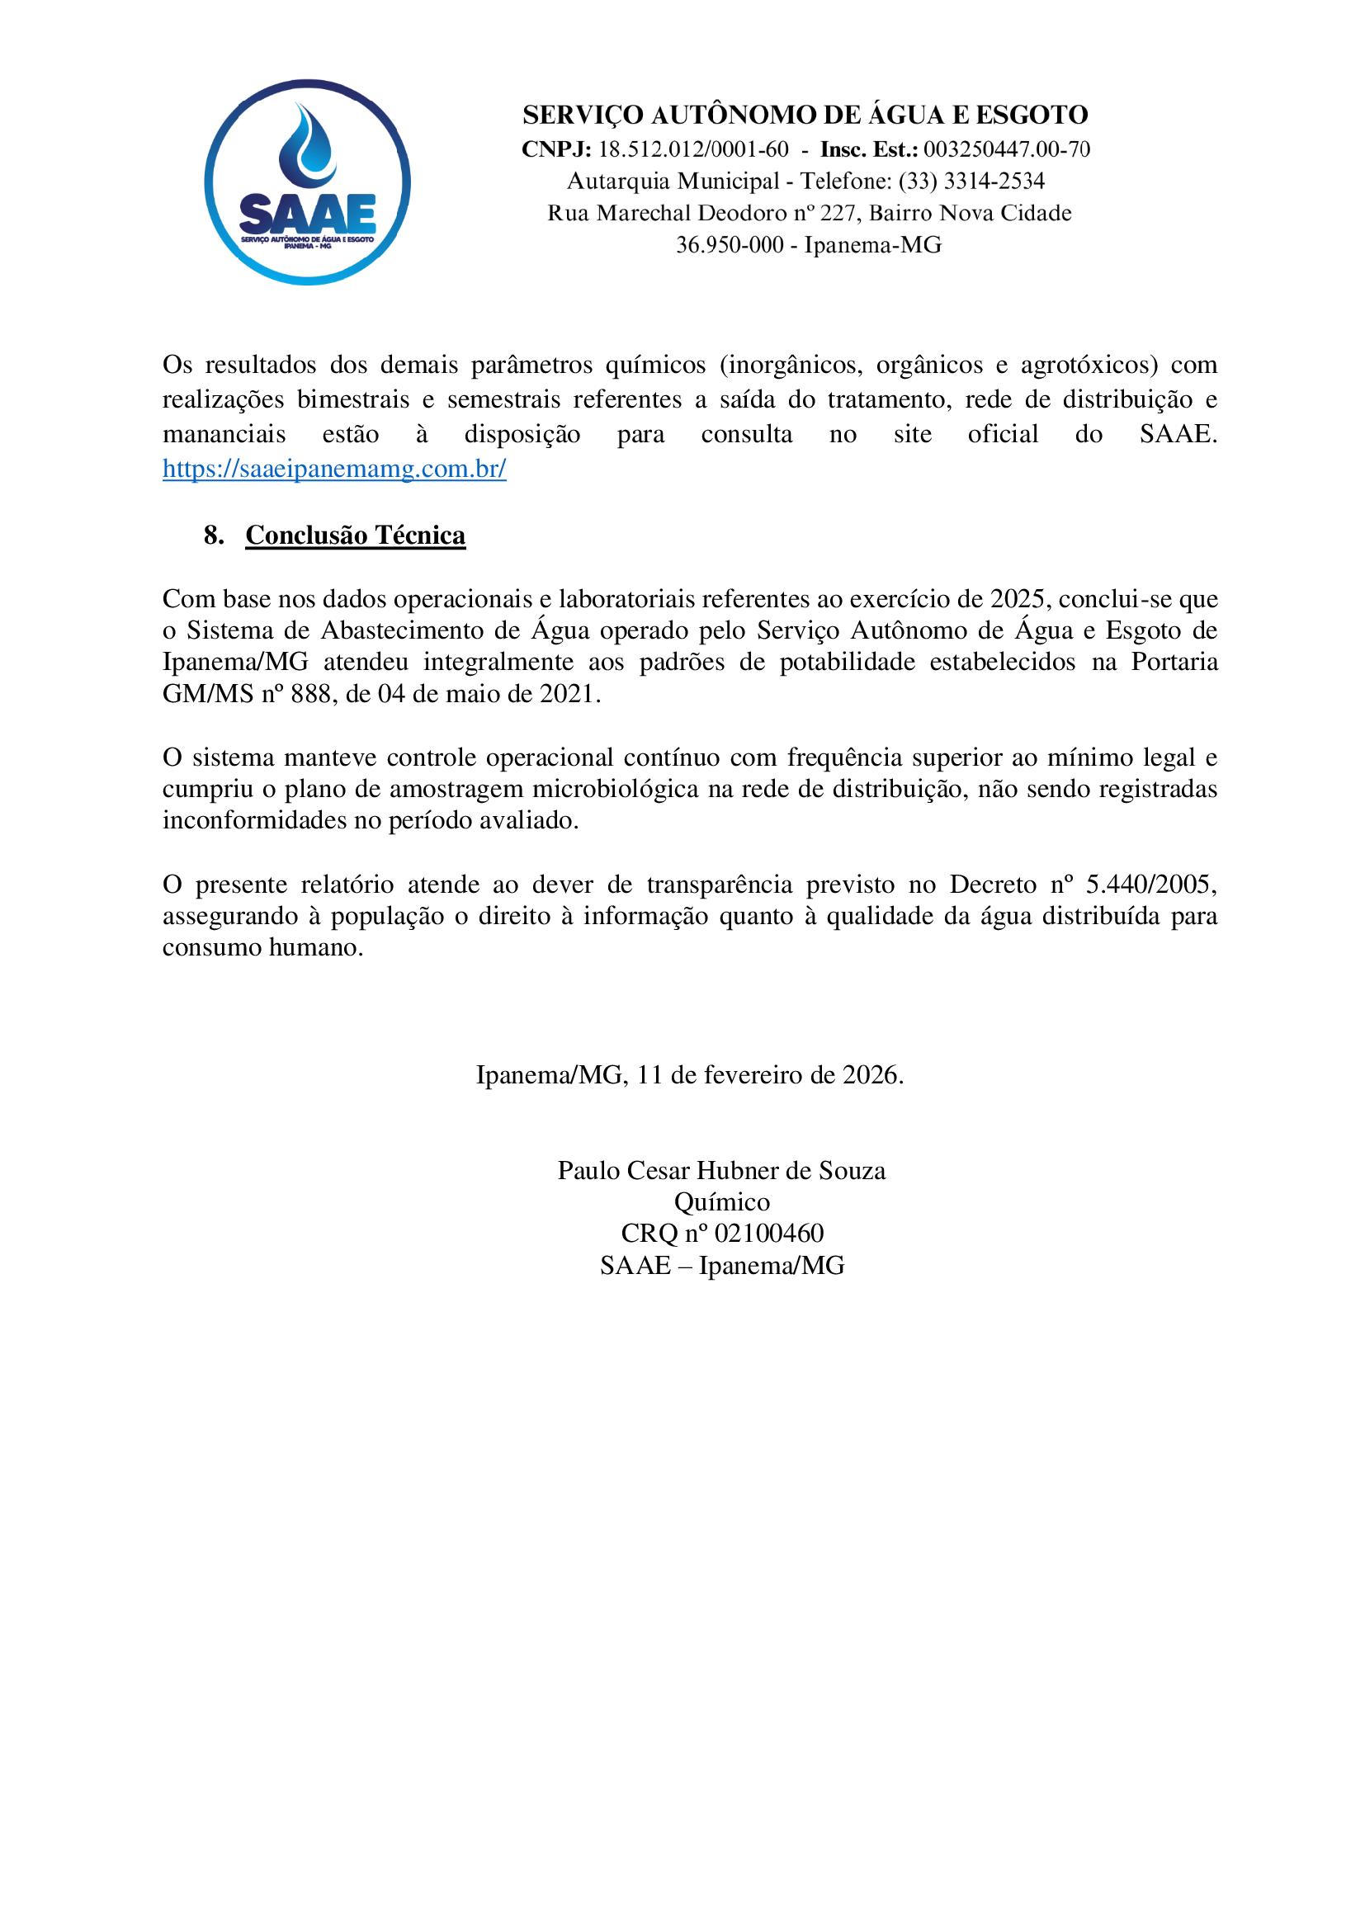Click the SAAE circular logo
tap(307, 182)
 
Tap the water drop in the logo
tap(308, 147)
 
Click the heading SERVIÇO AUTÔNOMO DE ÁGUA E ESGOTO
tap(805, 115)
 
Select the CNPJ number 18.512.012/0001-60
tap(693, 149)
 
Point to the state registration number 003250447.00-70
tap(1006, 149)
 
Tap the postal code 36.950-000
tap(730, 245)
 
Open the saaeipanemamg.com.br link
tap(334, 469)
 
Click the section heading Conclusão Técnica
tap(356, 536)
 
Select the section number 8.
tap(214, 536)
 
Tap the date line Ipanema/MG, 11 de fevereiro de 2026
tap(689, 1075)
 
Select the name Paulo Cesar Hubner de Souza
tap(721, 1171)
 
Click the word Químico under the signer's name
tap(721, 1203)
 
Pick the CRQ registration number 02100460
tap(768, 1234)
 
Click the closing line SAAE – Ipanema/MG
tap(721, 1266)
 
